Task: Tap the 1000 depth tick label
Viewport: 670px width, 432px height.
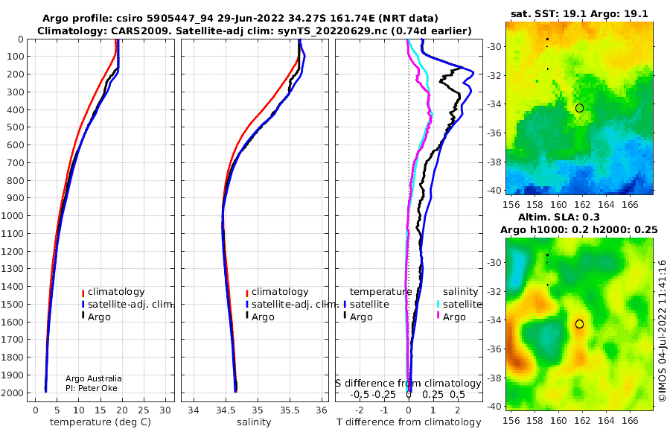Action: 12,215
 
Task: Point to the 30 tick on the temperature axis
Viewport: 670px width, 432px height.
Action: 165,410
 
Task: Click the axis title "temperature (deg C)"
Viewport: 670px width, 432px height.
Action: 100,422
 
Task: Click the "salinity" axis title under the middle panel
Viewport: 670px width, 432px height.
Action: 254,422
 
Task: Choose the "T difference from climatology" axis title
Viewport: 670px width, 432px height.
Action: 409,422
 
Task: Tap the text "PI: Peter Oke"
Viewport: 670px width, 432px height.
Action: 92,388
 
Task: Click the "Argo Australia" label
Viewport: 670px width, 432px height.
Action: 94,378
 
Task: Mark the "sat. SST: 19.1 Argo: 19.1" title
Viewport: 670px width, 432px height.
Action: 579,13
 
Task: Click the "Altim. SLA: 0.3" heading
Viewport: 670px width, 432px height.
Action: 559,217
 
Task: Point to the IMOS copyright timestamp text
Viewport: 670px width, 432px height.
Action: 663,331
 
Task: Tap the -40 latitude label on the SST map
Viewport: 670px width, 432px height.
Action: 495,191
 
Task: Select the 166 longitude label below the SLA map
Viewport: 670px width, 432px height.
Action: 630,420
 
